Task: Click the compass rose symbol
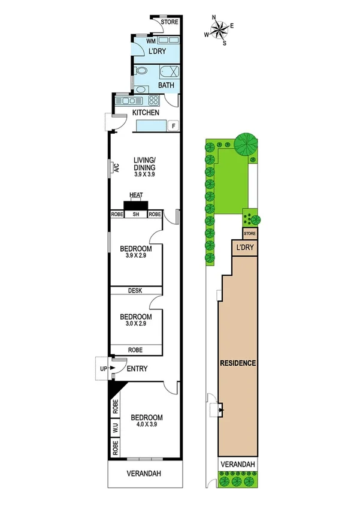tap(220, 29)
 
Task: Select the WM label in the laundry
tap(143, 41)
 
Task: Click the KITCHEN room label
tap(146, 113)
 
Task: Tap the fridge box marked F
tap(173, 126)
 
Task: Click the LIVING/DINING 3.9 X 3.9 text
tap(144, 167)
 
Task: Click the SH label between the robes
tap(136, 214)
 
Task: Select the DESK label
tap(135, 291)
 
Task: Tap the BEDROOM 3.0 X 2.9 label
tap(135, 320)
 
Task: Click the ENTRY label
tap(137, 369)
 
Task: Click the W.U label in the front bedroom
tap(115, 428)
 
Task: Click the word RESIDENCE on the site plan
tap(238, 363)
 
